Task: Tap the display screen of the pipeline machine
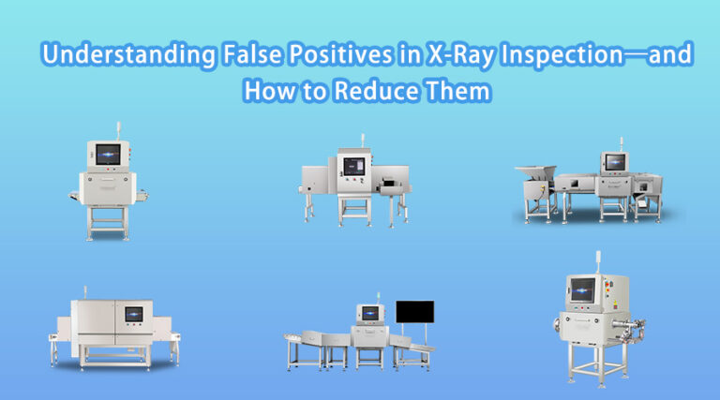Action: (x=582, y=291)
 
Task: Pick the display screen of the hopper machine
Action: (x=615, y=161)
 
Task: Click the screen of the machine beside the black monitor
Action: (x=369, y=313)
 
